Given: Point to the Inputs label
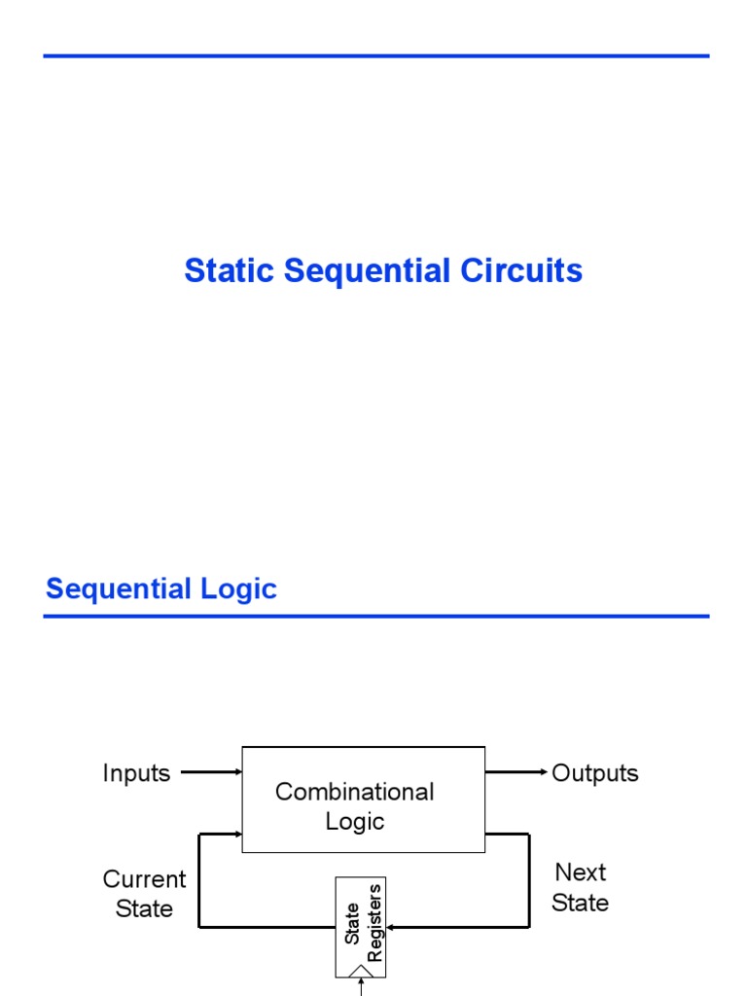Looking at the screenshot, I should click(x=136, y=773).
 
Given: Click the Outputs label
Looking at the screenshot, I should click(x=595, y=773).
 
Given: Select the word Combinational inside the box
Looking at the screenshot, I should click(x=354, y=792).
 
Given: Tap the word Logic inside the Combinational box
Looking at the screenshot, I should click(x=355, y=821).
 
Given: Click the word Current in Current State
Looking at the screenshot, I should click(x=144, y=879).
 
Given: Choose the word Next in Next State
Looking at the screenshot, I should click(x=581, y=871).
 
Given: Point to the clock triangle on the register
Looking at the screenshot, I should click(x=361, y=970).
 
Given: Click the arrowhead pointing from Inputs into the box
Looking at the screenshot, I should click(x=237, y=772).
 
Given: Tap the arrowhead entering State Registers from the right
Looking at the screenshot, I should click(x=391, y=927).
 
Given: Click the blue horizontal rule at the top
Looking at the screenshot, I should click(x=376, y=56).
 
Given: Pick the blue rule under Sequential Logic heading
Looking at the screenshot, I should click(x=376, y=616).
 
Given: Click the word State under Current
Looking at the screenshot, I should click(x=144, y=908).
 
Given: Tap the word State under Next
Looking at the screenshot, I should click(x=581, y=903).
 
